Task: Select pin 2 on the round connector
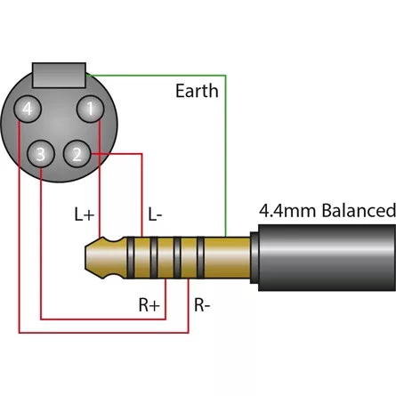[78, 155]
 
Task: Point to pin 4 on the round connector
[29, 109]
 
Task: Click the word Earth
[196, 92]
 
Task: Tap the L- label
[155, 214]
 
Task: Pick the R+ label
[149, 305]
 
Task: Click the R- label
[203, 305]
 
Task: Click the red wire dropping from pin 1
[98, 178]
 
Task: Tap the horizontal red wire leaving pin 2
[116, 155]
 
